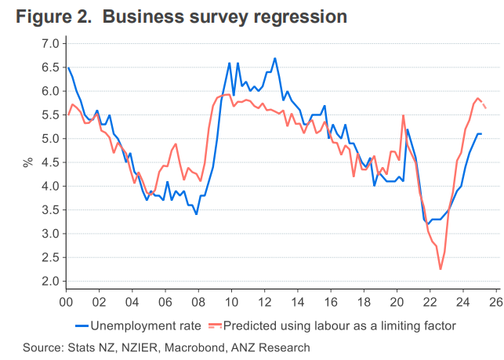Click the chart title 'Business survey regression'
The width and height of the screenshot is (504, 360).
223,16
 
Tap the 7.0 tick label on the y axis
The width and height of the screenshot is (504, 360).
49,43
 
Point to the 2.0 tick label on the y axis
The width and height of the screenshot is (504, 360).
49,281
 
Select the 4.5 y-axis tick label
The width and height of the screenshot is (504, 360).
49,162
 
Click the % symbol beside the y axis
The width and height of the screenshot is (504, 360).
27,162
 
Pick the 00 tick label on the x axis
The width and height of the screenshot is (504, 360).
66,301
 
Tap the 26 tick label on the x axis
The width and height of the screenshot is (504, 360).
495,301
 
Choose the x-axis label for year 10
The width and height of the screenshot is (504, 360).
230,301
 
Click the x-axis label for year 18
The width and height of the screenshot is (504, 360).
363,301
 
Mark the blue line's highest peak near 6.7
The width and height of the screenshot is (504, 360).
275,58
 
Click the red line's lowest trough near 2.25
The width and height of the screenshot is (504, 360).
441,269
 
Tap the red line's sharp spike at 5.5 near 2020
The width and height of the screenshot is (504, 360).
403,115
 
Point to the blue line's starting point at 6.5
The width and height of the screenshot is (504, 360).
68,67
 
